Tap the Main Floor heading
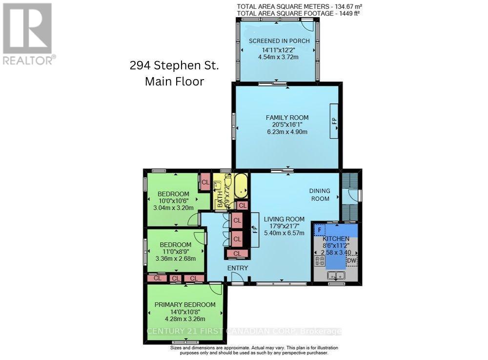coord(174,81)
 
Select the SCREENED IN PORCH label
coord(279,41)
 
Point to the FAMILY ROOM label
coord(287,118)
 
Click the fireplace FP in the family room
coord(334,121)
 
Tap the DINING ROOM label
coord(320,194)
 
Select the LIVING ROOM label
coord(284,219)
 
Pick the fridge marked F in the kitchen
coord(319,229)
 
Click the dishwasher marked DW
coord(351,261)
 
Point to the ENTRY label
coord(237,268)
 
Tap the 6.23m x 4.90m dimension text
coord(287,132)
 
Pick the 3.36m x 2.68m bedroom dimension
coord(175,259)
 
